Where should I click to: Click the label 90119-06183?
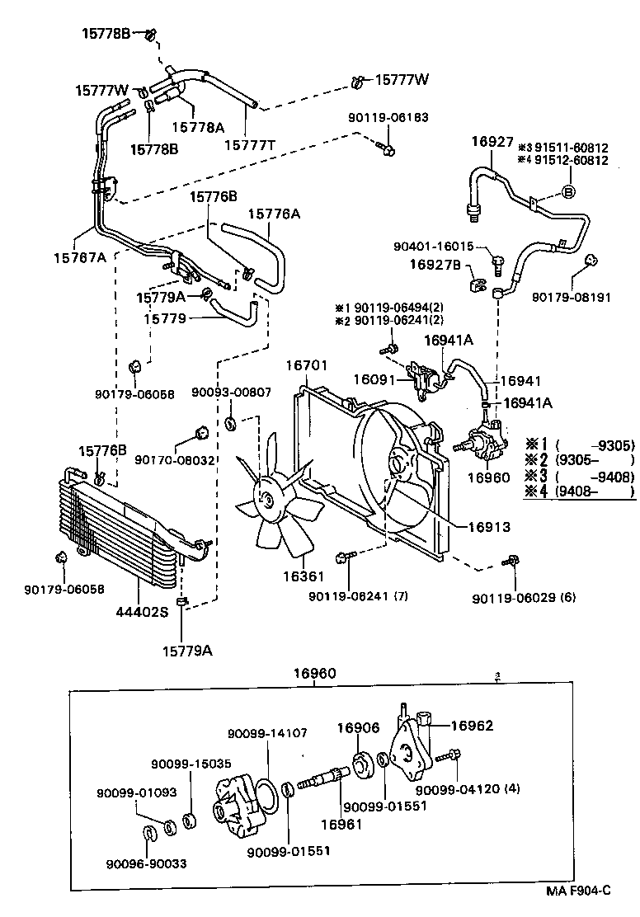pyautogui.click(x=388, y=118)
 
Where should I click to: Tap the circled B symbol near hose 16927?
pyautogui.click(x=567, y=192)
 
